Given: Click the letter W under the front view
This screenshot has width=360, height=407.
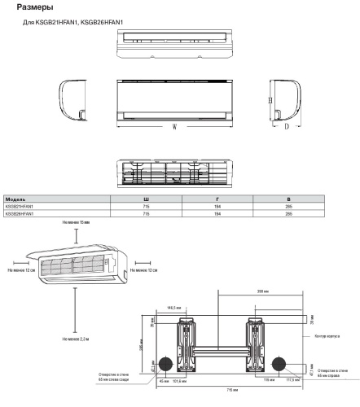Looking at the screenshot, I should (x=175, y=127).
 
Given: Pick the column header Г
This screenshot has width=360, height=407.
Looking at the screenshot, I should (x=217, y=199).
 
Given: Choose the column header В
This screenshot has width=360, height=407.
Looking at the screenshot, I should (x=288, y=199).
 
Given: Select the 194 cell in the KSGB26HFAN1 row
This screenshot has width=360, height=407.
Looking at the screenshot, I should (x=217, y=213).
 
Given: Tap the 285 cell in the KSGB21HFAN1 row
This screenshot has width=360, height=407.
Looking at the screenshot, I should (x=288, y=206).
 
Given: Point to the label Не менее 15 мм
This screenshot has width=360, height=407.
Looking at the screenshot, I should (x=77, y=221).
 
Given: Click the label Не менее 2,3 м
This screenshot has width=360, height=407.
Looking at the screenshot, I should (x=76, y=338).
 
